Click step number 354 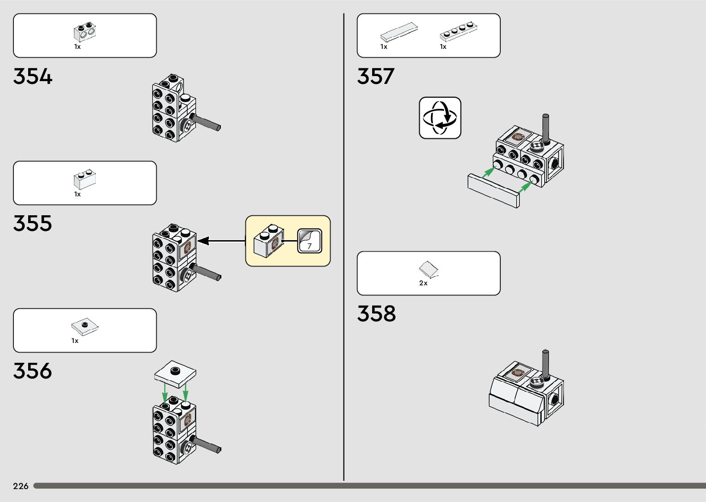[33, 77]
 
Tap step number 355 [33, 224]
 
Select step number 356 [33, 371]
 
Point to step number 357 [376, 77]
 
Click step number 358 [376, 314]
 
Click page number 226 [21, 486]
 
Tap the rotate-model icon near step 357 [440, 118]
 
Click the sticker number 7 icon [309, 241]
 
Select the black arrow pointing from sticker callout [221, 241]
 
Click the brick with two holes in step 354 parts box [85, 32]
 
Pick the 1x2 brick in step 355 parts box [85, 179]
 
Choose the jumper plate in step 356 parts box [85, 326]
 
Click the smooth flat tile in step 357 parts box [399, 32]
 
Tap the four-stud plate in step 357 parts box [458, 31]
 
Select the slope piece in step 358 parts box [429, 270]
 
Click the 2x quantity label [423, 283]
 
